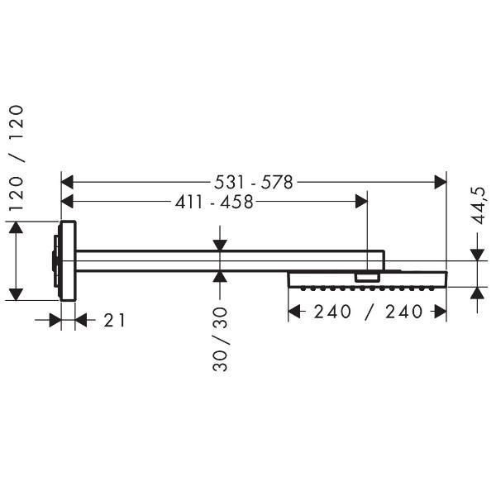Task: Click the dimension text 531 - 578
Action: coord(254,183)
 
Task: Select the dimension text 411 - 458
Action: coord(214,202)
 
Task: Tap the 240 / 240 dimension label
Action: coord(368,312)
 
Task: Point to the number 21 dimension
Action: coord(115,320)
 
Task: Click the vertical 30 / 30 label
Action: coord(220,339)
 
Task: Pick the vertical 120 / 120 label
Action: coord(17,158)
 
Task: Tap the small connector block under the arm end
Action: coord(367,278)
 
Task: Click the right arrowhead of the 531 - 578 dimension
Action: coord(441,182)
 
